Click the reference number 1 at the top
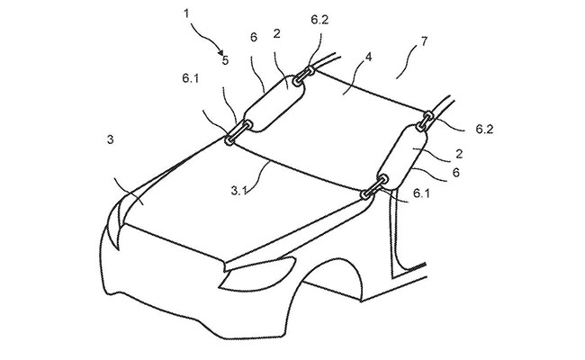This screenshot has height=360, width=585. (186, 13)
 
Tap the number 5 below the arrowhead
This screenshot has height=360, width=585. (225, 60)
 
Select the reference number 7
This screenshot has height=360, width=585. (424, 41)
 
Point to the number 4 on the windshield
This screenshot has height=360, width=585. (369, 58)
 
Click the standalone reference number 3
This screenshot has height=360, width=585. (110, 139)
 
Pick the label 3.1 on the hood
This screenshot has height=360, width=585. (238, 191)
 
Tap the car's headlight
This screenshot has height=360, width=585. (257, 274)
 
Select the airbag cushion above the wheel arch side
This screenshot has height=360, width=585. (401, 156)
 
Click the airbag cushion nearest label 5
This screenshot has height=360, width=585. (274, 103)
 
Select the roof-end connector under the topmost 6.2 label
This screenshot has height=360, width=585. (303, 76)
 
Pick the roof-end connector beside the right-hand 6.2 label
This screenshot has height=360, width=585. (425, 121)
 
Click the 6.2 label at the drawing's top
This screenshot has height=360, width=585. (319, 20)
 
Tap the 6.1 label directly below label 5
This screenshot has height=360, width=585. (191, 78)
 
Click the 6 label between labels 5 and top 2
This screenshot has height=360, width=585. (254, 38)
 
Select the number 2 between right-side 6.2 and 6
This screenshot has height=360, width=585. (459, 154)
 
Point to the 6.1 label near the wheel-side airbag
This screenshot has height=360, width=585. (421, 193)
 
